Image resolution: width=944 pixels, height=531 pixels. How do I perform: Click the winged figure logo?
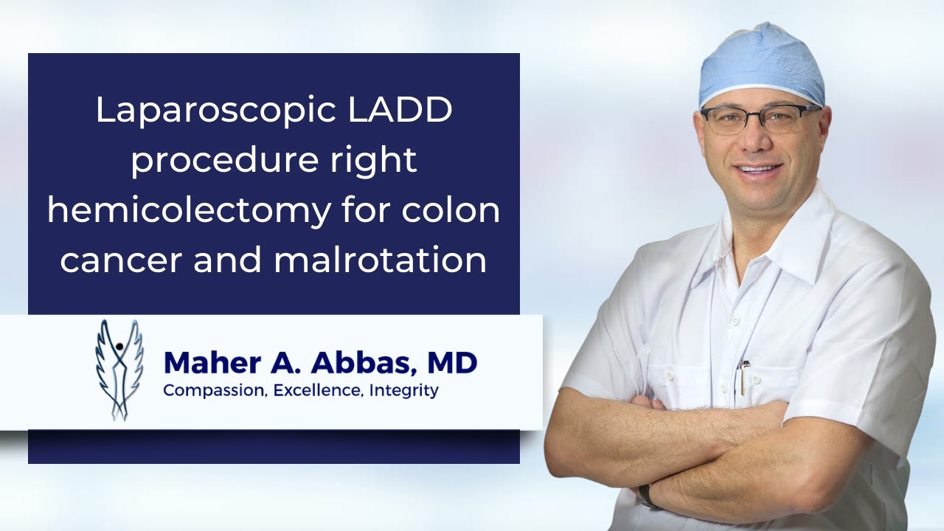[119, 369]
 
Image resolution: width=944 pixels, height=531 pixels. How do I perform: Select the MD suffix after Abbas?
[451, 363]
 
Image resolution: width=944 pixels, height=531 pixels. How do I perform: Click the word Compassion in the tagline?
[213, 390]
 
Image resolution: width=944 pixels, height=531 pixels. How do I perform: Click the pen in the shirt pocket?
[745, 376]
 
